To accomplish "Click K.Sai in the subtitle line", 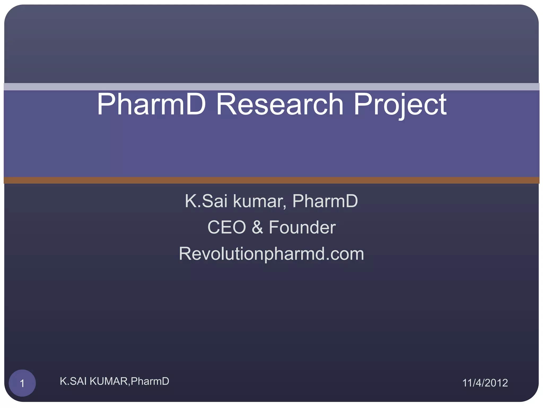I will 206,201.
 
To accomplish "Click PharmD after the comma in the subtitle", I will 325,201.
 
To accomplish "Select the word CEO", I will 227,227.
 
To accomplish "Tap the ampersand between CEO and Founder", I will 257,227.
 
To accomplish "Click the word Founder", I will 302,227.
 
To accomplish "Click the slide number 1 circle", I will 22,383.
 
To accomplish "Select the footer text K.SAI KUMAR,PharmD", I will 114,381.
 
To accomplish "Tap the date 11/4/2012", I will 485,383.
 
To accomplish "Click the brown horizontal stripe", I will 271,180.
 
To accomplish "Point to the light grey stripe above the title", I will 271,87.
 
